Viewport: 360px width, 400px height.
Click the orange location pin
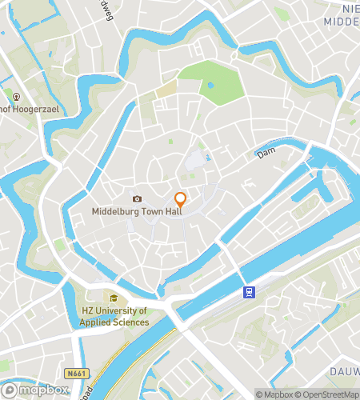click(x=181, y=200)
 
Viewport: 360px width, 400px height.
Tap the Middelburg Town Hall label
click(x=134, y=212)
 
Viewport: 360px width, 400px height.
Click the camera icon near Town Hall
click(x=137, y=198)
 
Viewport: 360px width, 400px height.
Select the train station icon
click(x=248, y=292)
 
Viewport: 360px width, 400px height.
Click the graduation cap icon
click(x=113, y=298)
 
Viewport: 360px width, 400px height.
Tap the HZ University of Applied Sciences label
click(x=115, y=316)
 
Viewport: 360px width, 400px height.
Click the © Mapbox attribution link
click(x=274, y=394)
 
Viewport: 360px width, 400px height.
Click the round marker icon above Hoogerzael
click(x=16, y=97)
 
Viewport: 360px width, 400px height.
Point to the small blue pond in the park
click(x=210, y=84)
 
